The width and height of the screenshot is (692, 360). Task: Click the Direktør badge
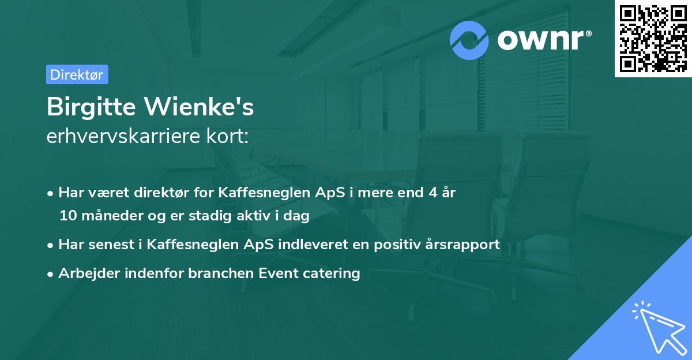click(77, 74)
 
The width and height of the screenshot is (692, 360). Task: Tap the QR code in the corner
click(653, 38)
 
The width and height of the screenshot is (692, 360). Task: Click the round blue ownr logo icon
click(469, 40)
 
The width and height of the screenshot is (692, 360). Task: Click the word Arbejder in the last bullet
click(85, 273)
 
